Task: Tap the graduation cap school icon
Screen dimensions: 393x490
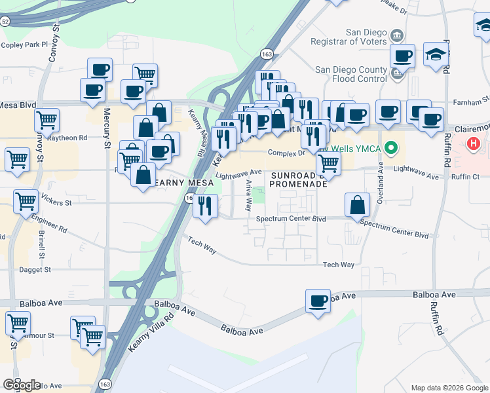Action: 436,55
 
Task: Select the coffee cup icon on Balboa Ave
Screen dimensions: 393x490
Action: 318,301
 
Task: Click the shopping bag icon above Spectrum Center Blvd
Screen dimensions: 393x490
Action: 358,205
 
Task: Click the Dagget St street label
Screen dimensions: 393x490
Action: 35,269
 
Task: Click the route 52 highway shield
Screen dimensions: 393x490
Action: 5,22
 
